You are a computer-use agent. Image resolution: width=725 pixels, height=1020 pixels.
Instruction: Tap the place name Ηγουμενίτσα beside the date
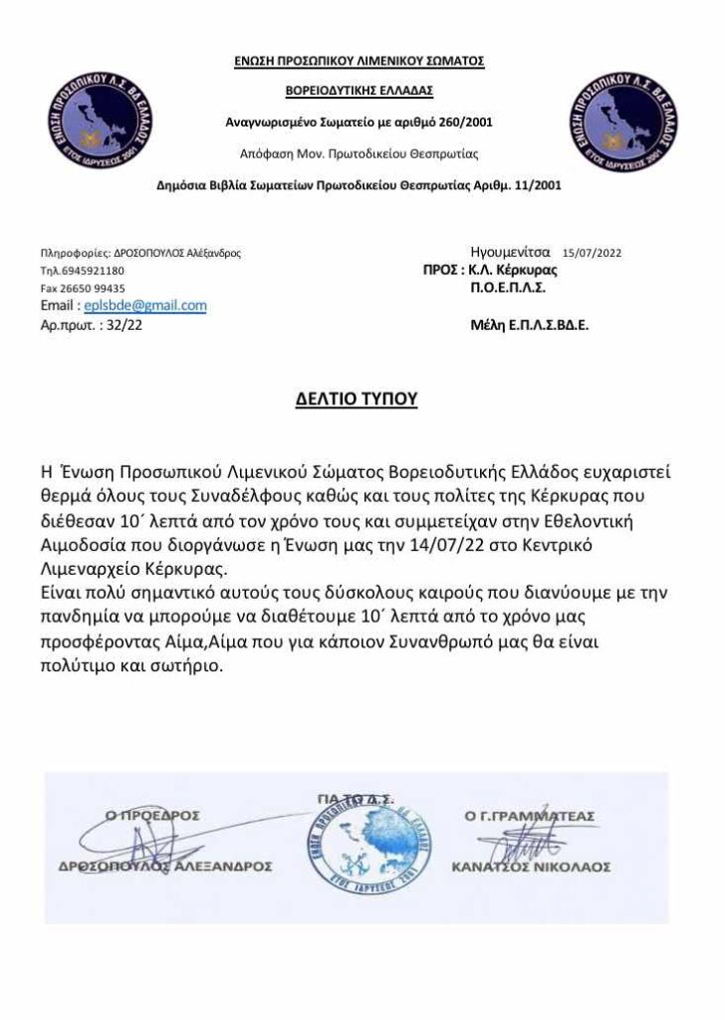click(511, 253)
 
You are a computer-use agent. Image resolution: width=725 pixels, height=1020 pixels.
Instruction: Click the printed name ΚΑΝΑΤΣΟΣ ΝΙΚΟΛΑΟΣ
click(531, 867)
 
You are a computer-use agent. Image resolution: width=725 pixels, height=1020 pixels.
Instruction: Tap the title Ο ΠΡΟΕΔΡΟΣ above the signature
click(152, 816)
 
